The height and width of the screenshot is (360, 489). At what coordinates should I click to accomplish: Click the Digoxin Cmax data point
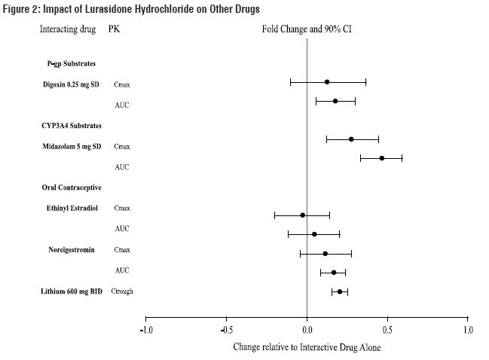coord(327,81)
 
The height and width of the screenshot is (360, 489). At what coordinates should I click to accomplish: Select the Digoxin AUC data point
coord(335,101)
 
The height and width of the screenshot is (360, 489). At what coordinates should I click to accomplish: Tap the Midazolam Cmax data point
coord(351,139)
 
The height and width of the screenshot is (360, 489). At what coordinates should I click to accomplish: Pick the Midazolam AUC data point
coord(382,158)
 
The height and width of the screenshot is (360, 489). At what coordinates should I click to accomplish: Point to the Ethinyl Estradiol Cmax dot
coord(303,215)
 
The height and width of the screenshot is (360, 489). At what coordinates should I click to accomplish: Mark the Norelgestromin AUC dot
coord(334,272)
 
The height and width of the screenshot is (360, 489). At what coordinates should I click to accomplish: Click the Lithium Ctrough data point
coord(340,291)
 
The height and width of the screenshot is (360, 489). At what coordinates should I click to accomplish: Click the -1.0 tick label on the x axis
coord(146,330)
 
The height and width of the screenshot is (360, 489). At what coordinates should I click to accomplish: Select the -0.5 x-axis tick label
coord(226,330)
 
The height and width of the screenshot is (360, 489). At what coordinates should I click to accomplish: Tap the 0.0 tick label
coord(307,330)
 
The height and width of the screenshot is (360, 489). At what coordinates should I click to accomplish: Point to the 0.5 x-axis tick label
coord(387,330)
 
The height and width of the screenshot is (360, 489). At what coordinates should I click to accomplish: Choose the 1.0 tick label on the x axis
coord(468,330)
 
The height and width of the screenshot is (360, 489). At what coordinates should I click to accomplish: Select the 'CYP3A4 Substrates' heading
coord(72,125)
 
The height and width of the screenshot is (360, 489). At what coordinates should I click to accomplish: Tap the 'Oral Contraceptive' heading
coord(72,187)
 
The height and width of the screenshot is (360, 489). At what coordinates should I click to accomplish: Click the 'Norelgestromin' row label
coord(74,249)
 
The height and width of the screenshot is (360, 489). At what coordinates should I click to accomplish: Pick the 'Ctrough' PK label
coord(122,291)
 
